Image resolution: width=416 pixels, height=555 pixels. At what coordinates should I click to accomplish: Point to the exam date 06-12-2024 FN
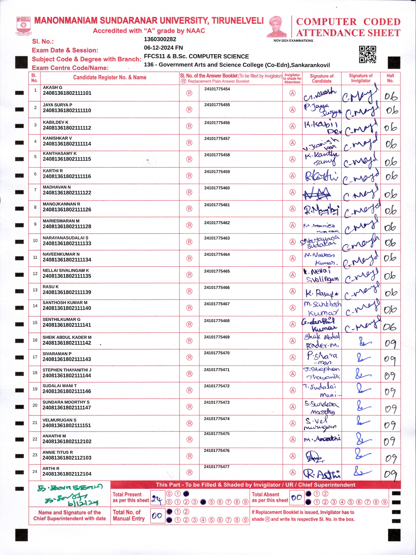click(163, 48)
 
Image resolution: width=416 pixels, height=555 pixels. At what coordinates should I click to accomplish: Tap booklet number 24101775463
click(217, 238)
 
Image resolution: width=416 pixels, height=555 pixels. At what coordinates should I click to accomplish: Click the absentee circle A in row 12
click(292, 275)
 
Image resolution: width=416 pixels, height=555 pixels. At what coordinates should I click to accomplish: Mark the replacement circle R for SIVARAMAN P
click(189, 357)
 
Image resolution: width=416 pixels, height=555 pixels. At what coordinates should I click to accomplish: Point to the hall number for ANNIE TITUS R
click(390, 458)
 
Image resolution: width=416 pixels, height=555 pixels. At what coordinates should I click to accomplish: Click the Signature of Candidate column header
click(321, 78)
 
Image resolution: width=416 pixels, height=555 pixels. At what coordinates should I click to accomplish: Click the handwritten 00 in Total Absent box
click(297, 498)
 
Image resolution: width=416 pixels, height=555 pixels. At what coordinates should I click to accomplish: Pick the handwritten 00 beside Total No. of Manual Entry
click(157, 516)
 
